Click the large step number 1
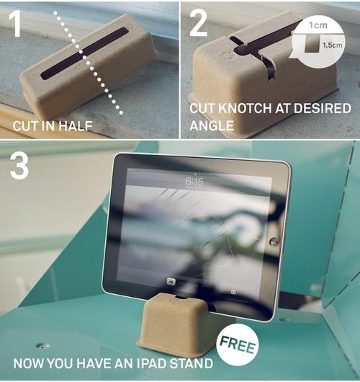(x=15, y=24)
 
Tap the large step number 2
(x=199, y=24)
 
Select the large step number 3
(x=19, y=166)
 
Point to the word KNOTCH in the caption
(x=246, y=108)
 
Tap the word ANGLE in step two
(x=212, y=125)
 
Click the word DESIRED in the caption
(x=323, y=108)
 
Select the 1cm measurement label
(x=318, y=25)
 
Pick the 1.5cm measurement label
(x=332, y=45)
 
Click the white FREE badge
(x=238, y=345)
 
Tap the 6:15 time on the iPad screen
(x=194, y=181)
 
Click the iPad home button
(x=274, y=241)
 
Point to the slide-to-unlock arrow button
(x=171, y=282)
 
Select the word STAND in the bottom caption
(x=191, y=363)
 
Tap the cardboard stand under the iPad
(x=175, y=324)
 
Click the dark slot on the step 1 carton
(x=84, y=53)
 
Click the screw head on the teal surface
(x=42, y=346)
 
